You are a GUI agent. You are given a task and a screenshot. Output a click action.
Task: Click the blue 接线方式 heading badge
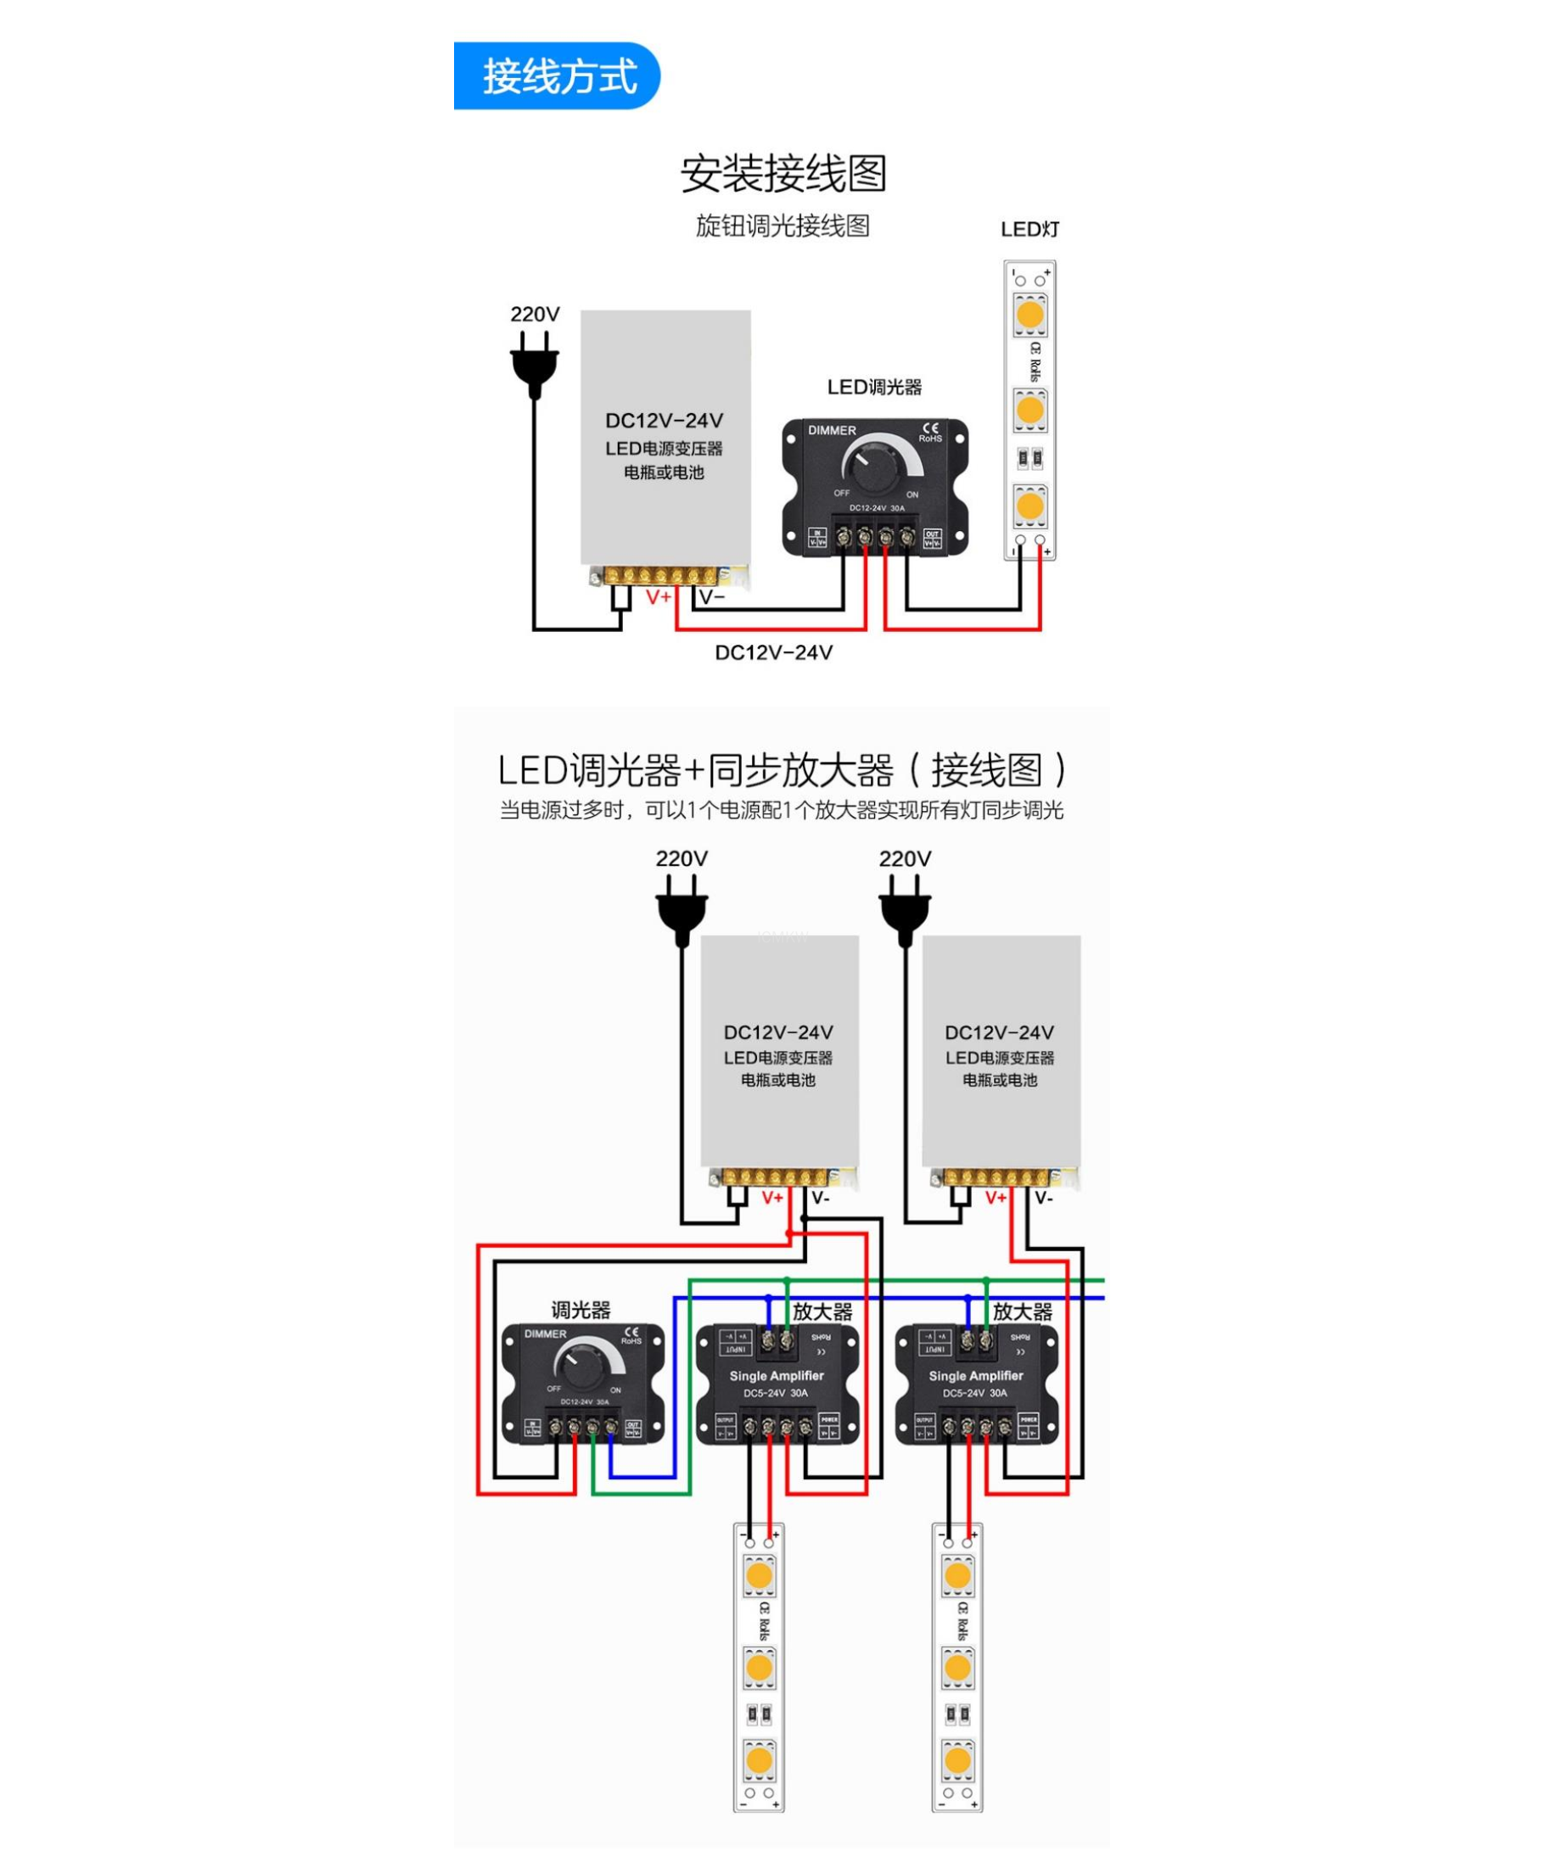pos(558,76)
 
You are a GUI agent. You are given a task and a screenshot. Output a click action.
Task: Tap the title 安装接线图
pos(782,174)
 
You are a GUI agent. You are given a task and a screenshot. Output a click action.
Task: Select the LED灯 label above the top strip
pos(1029,229)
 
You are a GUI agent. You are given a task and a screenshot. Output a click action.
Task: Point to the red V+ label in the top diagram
pos(659,596)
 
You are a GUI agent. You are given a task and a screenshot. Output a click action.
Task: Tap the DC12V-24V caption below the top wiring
pos(773,653)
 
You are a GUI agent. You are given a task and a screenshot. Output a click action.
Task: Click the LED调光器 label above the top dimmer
pos(873,387)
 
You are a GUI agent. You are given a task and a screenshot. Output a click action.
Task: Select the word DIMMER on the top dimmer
pos(832,431)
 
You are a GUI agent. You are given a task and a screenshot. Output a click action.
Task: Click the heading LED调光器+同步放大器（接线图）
pos(782,769)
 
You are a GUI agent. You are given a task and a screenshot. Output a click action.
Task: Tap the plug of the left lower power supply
pos(682,913)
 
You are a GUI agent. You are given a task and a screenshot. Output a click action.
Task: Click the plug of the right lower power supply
pos(905,913)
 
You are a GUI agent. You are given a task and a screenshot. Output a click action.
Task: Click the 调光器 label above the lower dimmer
pos(581,1311)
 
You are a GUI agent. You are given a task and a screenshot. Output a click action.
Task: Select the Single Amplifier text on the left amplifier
pos(777,1376)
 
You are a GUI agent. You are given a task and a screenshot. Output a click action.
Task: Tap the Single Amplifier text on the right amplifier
pos(975,1376)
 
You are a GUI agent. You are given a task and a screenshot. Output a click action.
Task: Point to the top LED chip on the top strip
pos(1029,314)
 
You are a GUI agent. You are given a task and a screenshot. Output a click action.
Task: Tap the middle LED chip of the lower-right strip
pos(957,1668)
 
